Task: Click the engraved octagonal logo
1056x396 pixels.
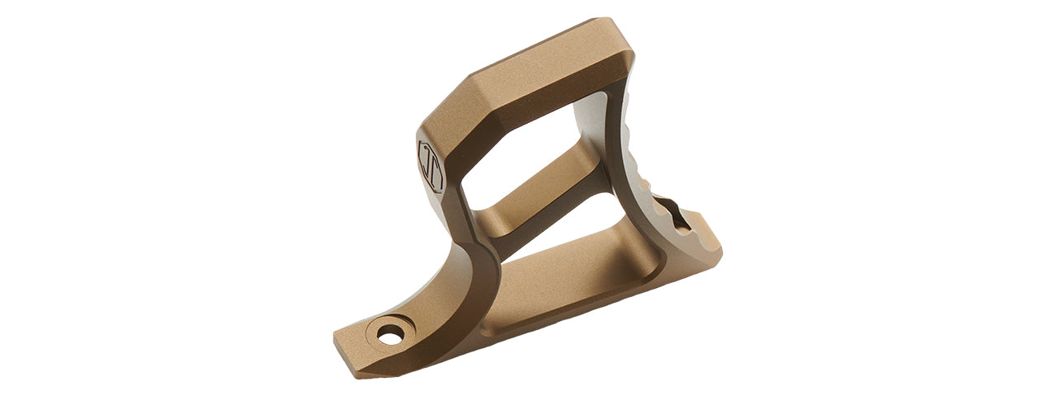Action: point(431,165)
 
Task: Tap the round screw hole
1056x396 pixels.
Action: point(391,334)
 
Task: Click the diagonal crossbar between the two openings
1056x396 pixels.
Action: point(544,194)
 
